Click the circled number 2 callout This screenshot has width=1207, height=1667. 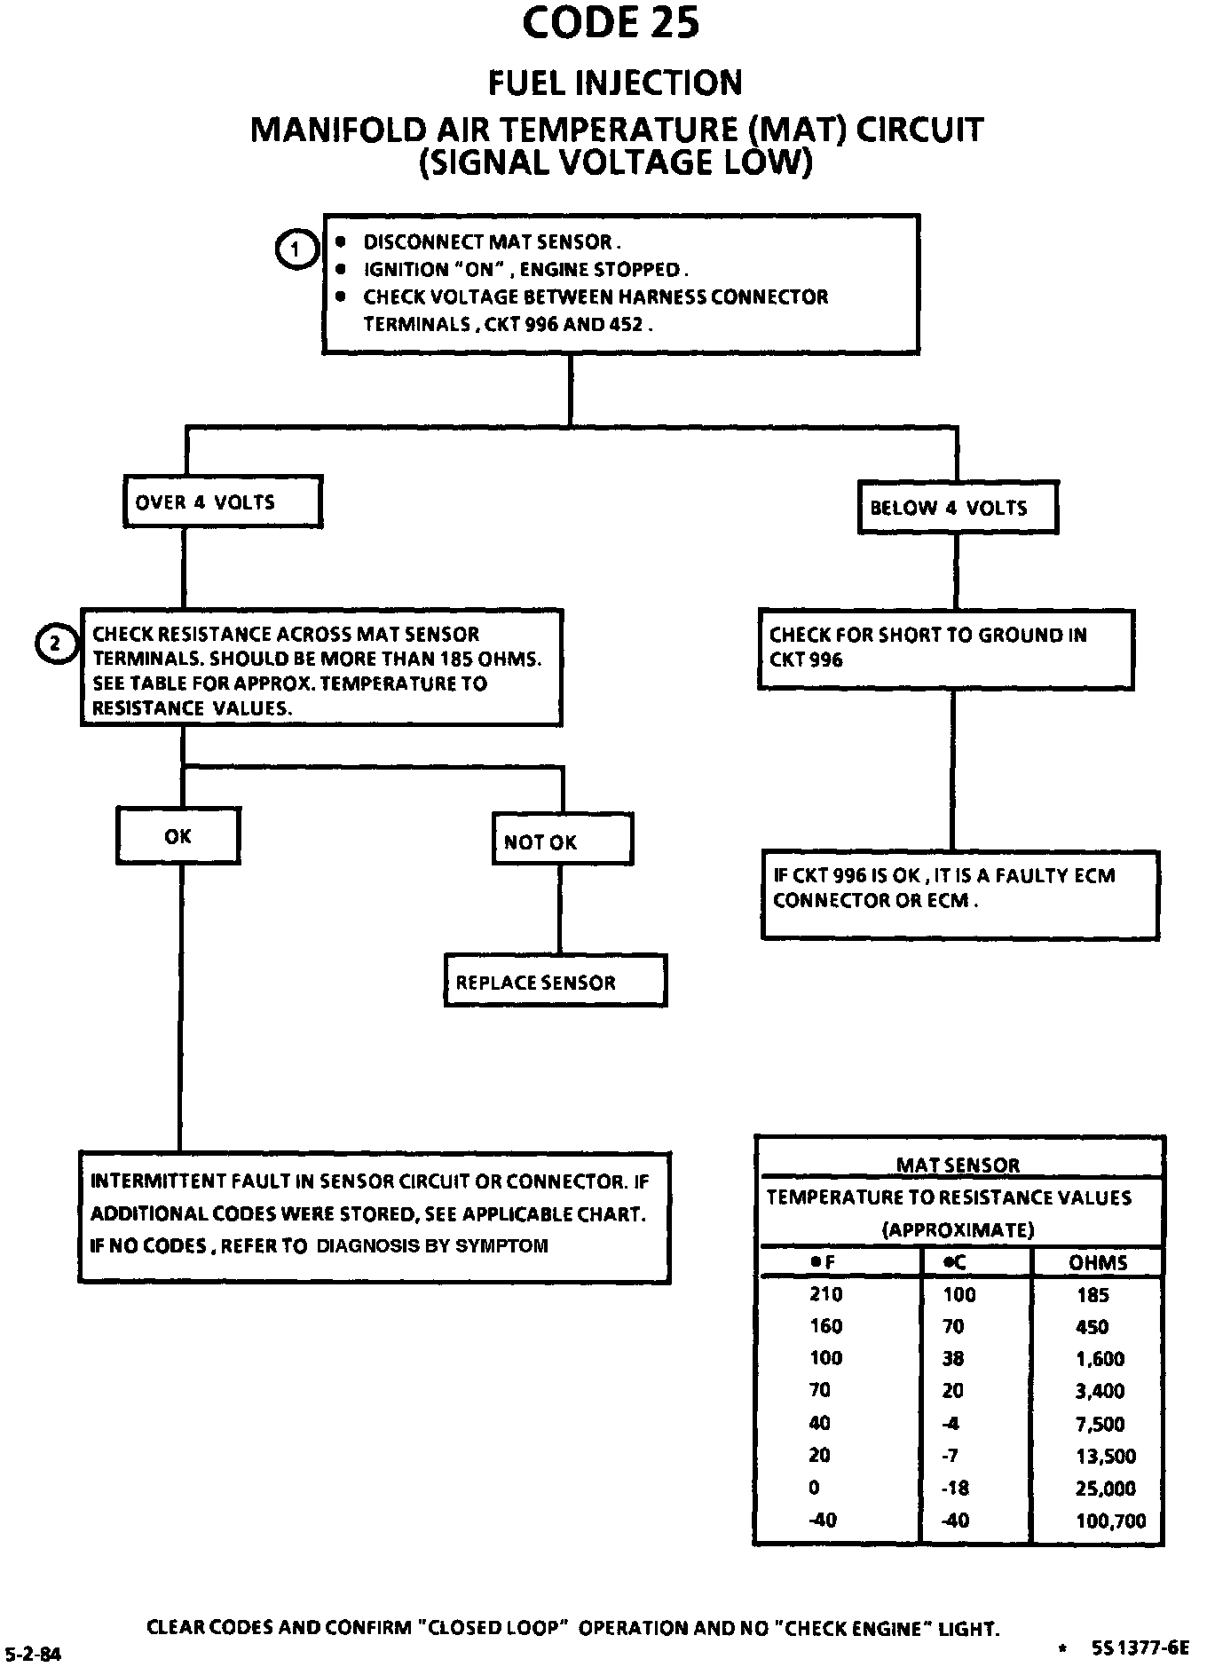pyautogui.click(x=54, y=644)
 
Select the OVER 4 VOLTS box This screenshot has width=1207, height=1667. pyautogui.click(x=223, y=502)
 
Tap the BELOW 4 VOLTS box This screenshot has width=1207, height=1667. pyautogui.click(x=958, y=507)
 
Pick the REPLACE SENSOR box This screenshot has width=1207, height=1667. pyautogui.click(x=556, y=980)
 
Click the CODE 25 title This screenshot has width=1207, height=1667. pyautogui.click(x=611, y=23)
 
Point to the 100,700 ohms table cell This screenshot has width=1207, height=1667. pyautogui.click(x=1110, y=1521)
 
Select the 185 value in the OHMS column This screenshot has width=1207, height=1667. pyautogui.click(x=1093, y=1295)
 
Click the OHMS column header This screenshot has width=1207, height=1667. pyautogui.click(x=1099, y=1262)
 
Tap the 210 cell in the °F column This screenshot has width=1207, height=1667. pyautogui.click(x=825, y=1294)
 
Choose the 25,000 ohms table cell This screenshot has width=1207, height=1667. pyautogui.click(x=1105, y=1489)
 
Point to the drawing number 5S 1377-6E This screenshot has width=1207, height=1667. pyautogui.click(x=1140, y=1647)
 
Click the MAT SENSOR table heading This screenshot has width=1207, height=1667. pyautogui.click(x=958, y=1165)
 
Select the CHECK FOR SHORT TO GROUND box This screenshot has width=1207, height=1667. pyautogui.click(x=946, y=649)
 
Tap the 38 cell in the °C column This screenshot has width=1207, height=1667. pyautogui.click(x=953, y=1359)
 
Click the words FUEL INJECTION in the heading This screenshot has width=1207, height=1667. pyautogui.click(x=615, y=83)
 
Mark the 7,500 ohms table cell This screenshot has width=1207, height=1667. pyautogui.click(x=1100, y=1424)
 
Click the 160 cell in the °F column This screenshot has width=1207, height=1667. pyautogui.click(x=825, y=1326)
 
